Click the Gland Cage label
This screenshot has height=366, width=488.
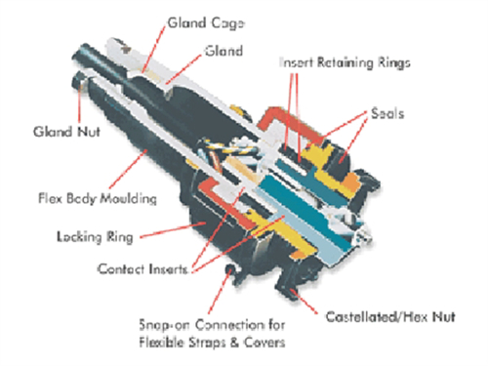pyautogui.click(x=206, y=23)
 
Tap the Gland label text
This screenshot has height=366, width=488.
pyautogui.click(x=224, y=51)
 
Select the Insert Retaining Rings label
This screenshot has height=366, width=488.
pyautogui.click(x=345, y=62)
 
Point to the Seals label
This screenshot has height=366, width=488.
pyautogui.click(x=387, y=113)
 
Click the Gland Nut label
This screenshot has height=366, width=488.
pyautogui.click(x=66, y=132)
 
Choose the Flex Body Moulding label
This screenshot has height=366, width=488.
pyautogui.click(x=98, y=198)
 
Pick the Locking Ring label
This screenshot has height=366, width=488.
pyautogui.click(x=95, y=237)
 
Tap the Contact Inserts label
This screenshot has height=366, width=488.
pyautogui.click(x=142, y=269)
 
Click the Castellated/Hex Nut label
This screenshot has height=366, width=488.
pyautogui.click(x=390, y=317)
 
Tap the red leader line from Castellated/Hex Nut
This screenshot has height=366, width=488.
pyautogui.click(x=304, y=302)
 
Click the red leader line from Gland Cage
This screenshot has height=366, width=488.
pyautogui.click(x=154, y=49)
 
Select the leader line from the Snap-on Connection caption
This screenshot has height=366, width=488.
pyautogui.click(x=220, y=291)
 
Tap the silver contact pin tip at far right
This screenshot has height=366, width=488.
pyautogui.click(x=364, y=233)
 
